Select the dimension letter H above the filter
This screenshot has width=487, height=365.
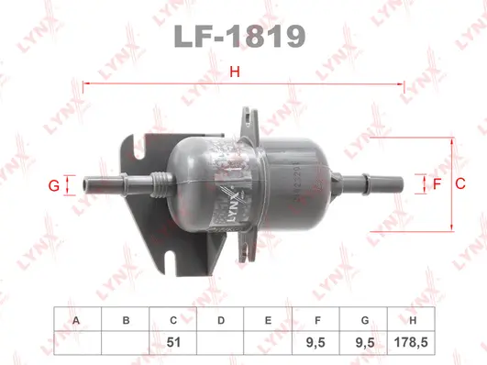pos(235,72)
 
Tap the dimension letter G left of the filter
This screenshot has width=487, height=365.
pos(54,186)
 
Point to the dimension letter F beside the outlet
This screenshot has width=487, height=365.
pos(437,183)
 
